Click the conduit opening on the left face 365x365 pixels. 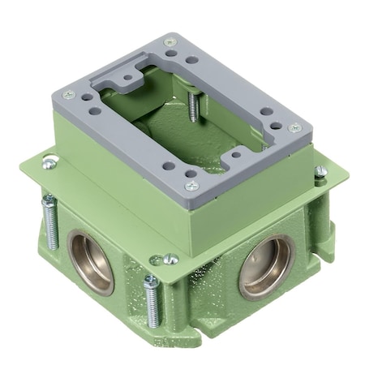coord(90,261)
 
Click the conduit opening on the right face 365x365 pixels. coord(265,266)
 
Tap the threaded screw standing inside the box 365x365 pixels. coord(193,106)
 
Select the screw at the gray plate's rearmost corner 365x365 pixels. coord(170,42)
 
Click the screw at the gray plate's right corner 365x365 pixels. coord(295,127)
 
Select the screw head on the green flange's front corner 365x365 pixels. coord(170,260)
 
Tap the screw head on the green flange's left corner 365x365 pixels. coord(50,163)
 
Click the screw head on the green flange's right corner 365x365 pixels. coord(320,171)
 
